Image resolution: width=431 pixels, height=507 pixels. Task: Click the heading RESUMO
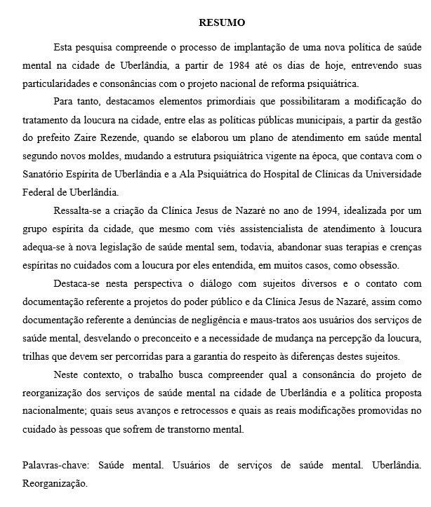(222, 22)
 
